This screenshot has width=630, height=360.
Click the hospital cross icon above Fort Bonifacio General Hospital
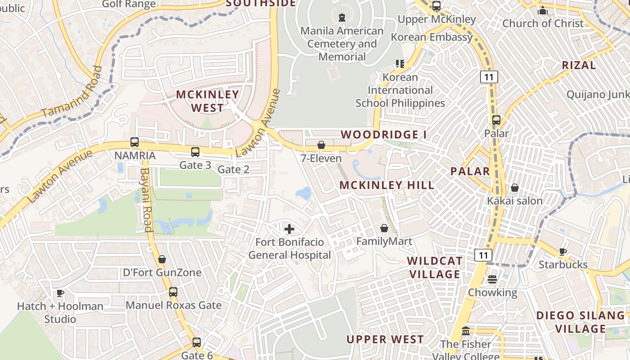(289, 229)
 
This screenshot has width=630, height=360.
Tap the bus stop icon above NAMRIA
(135, 142)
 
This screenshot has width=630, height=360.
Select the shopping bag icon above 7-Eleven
(321, 145)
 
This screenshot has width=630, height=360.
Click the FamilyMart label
(384, 242)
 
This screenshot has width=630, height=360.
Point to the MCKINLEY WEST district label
(207, 101)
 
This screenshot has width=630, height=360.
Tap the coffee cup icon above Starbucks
(562, 252)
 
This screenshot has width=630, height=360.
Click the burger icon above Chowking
(492, 279)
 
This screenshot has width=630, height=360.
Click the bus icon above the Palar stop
(496, 120)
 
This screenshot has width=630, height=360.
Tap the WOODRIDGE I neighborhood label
(383, 135)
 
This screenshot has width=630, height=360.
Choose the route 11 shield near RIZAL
(489, 77)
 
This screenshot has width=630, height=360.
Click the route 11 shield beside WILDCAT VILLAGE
(483, 255)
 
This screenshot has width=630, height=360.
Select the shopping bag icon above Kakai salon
(515, 188)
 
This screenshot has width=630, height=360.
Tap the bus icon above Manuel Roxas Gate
(173, 292)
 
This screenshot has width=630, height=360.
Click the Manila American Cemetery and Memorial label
(342, 44)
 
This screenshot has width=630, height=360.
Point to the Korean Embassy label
(432, 37)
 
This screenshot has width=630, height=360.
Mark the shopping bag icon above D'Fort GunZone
(162, 259)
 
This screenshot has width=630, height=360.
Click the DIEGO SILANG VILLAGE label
(580, 322)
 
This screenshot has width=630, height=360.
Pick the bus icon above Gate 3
(195, 152)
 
